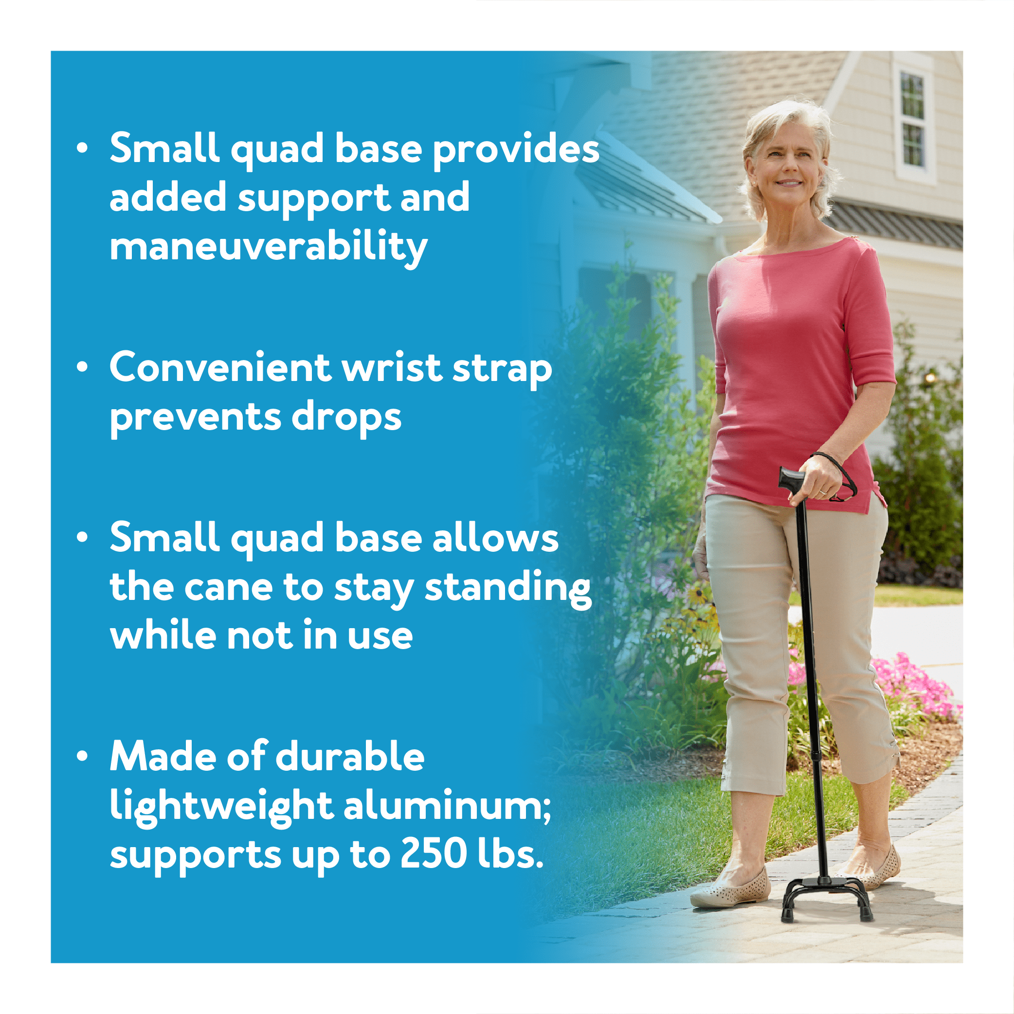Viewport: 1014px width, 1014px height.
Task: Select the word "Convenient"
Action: point(219,367)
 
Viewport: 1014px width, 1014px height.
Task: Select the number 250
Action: point(434,854)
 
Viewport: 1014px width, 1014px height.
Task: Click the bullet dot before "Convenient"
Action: point(82,367)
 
